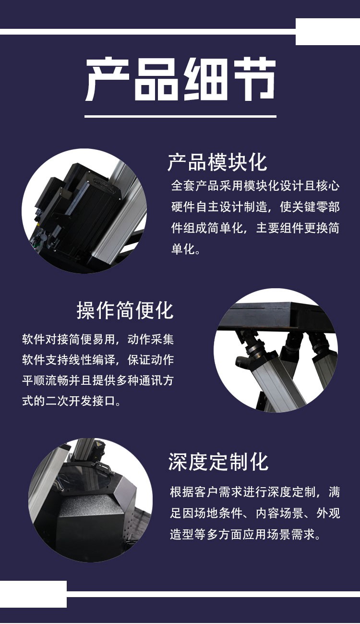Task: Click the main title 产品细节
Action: pos(180,80)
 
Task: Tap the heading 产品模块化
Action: pos(217,162)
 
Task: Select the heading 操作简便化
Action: pos(125,310)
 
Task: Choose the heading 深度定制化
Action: pos(218,462)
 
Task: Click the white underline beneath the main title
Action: pos(180,116)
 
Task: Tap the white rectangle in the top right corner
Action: pos(327,32)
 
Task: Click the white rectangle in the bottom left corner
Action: pos(33,594)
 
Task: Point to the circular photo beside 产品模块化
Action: pos(84,211)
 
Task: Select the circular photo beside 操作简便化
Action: pos(276,350)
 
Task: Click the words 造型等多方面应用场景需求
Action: pos(245,534)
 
